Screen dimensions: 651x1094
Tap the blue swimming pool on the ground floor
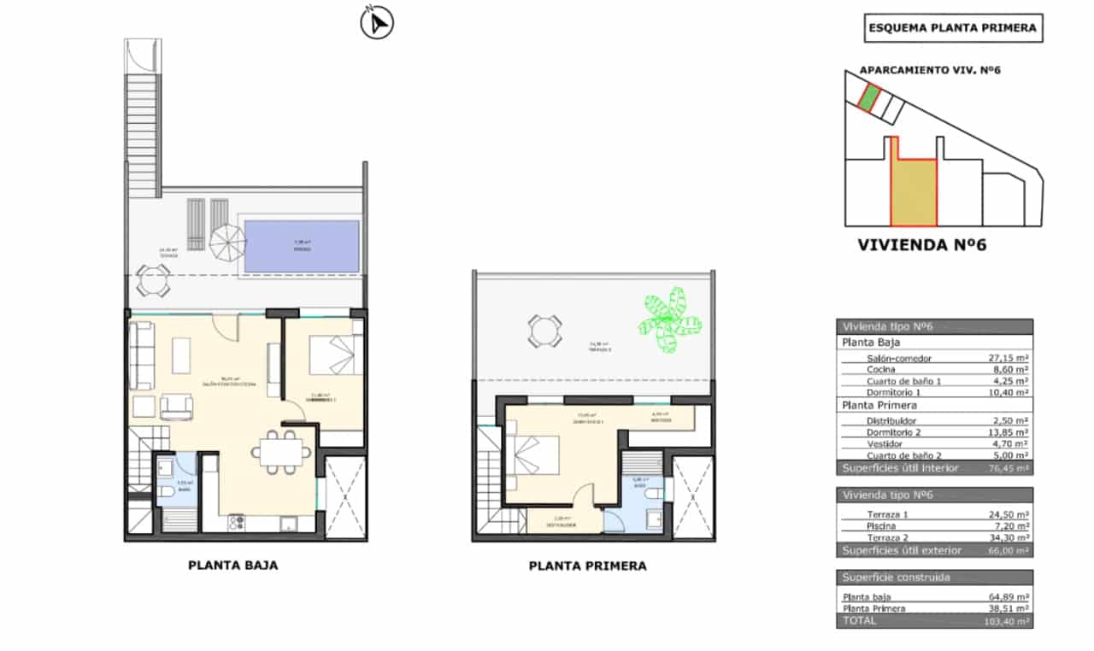pyautogui.click(x=301, y=247)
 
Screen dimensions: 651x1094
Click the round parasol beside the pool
pyautogui.click(x=226, y=243)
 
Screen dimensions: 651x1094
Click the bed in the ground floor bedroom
pyautogui.click(x=332, y=355)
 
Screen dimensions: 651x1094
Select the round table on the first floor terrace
pyautogui.click(x=544, y=331)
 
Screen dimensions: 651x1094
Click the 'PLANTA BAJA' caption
pyautogui.click(x=232, y=565)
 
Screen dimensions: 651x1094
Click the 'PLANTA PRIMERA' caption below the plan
pyautogui.click(x=587, y=566)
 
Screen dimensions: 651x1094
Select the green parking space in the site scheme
pyautogui.click(x=868, y=98)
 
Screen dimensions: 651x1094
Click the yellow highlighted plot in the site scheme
pyautogui.click(x=913, y=192)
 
